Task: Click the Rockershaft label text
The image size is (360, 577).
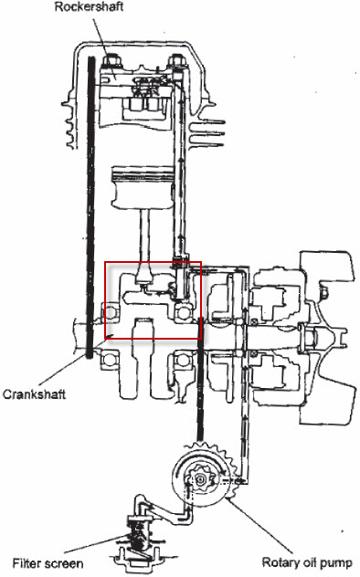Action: (x=89, y=7)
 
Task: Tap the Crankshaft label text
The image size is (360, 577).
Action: (x=34, y=394)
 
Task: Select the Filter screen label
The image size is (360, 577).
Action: (x=48, y=563)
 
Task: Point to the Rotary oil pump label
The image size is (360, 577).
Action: (x=307, y=562)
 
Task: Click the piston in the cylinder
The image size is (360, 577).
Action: (x=143, y=188)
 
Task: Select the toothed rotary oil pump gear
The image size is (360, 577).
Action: (x=202, y=476)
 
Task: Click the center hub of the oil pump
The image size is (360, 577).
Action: (x=200, y=479)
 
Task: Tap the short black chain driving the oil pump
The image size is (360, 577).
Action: (x=200, y=379)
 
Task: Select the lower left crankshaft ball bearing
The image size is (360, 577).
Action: (x=110, y=361)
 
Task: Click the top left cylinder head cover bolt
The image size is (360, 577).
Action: (x=111, y=61)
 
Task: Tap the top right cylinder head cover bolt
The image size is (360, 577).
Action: (x=177, y=61)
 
